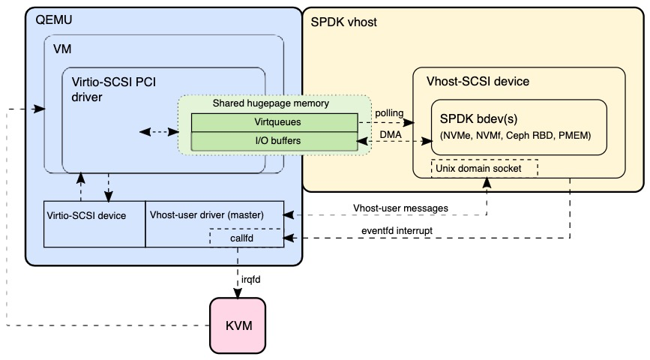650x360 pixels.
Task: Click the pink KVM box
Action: [x=238, y=325]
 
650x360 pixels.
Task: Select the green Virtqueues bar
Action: [x=274, y=122]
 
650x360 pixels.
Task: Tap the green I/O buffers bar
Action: [x=274, y=141]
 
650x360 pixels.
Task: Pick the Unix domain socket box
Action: [x=484, y=169]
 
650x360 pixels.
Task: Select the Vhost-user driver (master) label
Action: [x=206, y=214]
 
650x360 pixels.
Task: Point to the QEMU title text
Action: [x=54, y=20]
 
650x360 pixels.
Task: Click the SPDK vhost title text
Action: [x=343, y=22]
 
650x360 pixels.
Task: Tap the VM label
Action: [x=62, y=49]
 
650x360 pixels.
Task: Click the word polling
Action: [x=389, y=113]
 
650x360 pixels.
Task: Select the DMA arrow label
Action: [x=391, y=135]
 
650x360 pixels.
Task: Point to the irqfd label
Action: [x=251, y=280]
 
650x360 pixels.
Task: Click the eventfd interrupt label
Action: [x=397, y=230]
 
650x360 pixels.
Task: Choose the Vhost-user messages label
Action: [x=400, y=208]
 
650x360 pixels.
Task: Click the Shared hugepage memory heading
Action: [x=271, y=103]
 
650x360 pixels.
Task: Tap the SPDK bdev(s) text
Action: [x=478, y=119]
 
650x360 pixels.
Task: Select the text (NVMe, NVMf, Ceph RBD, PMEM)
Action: [x=516, y=136]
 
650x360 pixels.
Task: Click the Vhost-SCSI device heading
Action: [x=478, y=81]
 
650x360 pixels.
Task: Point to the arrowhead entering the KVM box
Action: [x=238, y=294]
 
